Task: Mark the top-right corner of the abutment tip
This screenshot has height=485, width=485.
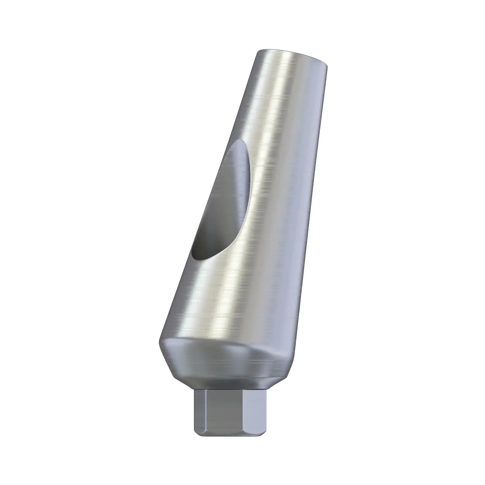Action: pos(327,66)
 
